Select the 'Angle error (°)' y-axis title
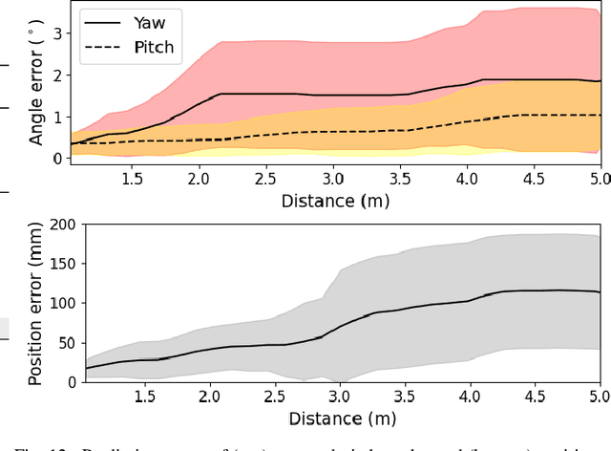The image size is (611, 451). click(36, 86)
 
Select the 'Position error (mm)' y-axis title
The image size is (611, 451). click(35, 303)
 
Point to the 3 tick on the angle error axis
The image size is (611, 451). click(57, 32)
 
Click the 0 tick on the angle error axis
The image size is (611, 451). click(57, 159)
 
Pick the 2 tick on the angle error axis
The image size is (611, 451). click(57, 75)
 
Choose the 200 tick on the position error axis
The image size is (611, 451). click(63, 225)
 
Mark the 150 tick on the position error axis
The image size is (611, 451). click(63, 264)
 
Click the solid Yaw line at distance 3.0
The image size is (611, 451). click(332, 96)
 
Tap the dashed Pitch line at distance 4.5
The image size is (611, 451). click(533, 115)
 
